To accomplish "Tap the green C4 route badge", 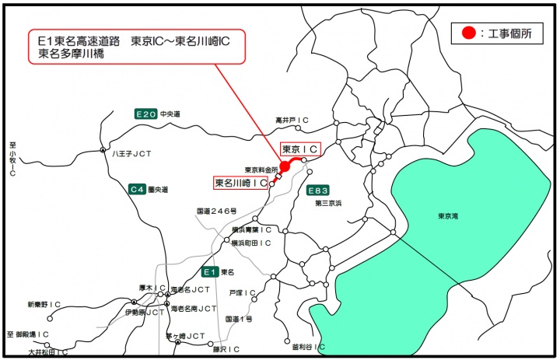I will pos(138,189).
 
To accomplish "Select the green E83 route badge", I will pos(317,190).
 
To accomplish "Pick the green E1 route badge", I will pos(208,272).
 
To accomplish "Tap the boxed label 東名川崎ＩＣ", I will pos(241,183).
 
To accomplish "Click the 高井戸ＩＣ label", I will pos(292,121).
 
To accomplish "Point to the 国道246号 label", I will pos(216,211).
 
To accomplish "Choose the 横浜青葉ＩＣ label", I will pos(251,230).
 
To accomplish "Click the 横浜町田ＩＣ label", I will pos(251,243).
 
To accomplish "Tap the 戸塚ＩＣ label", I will pos(242,293).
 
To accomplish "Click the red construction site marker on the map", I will pos(285,166).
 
